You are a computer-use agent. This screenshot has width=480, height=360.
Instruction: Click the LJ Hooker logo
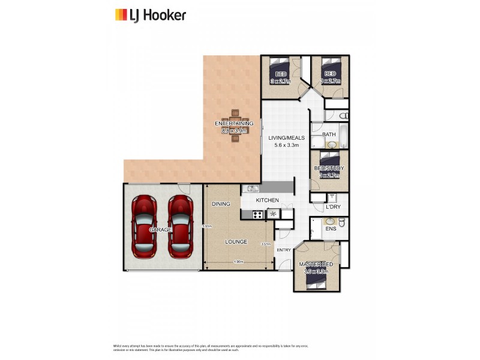coord(150,15)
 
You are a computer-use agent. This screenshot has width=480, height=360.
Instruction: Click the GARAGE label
coord(161,230)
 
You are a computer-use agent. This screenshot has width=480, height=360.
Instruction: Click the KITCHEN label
coord(267,200)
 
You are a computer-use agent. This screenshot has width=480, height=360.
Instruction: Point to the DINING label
coord(221,205)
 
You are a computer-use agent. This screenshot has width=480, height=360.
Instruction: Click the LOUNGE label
coord(236,242)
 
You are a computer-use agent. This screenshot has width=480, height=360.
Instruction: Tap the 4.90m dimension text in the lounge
coord(238,262)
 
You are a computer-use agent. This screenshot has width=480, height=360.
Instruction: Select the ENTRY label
coord(284,250)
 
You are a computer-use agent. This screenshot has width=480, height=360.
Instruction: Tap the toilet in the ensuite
coord(341,223)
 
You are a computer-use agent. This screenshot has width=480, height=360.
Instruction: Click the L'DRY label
coord(333,208)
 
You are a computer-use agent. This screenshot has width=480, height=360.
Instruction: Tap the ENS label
coord(330,229)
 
